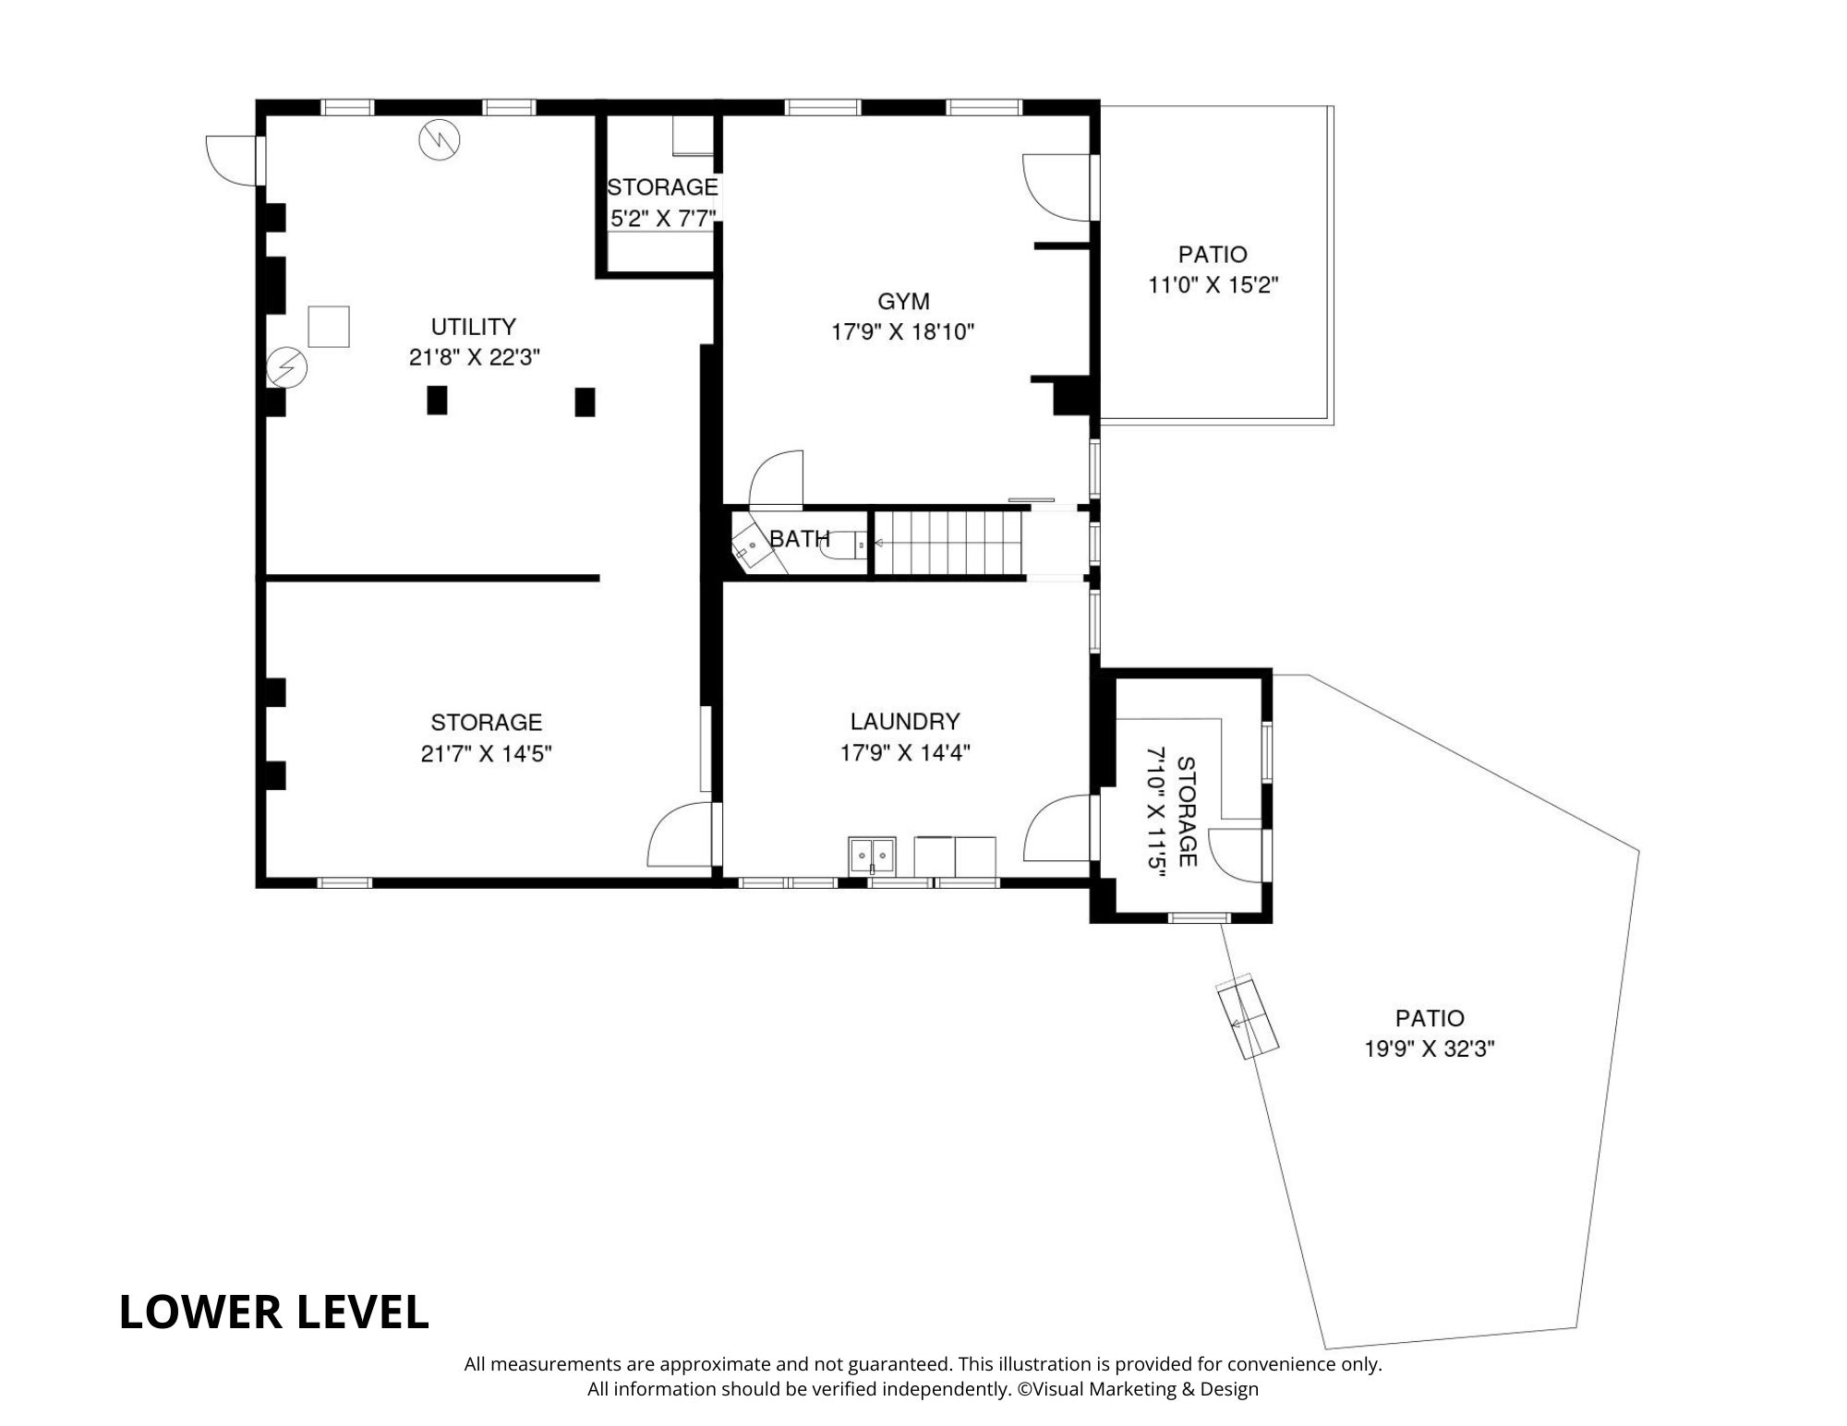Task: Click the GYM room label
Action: (903, 301)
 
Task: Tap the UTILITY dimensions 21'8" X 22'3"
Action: (474, 357)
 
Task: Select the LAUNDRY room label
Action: (905, 721)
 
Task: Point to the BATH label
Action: (800, 539)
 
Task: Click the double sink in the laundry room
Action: (872, 856)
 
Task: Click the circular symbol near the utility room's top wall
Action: (439, 139)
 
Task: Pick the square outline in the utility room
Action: (329, 326)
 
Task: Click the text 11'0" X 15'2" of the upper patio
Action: (1213, 285)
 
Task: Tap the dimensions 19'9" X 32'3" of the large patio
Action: (1429, 1049)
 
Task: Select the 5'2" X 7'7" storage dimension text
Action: (663, 220)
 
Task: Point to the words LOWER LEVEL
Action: (274, 1312)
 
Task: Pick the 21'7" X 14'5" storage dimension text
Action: (486, 754)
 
